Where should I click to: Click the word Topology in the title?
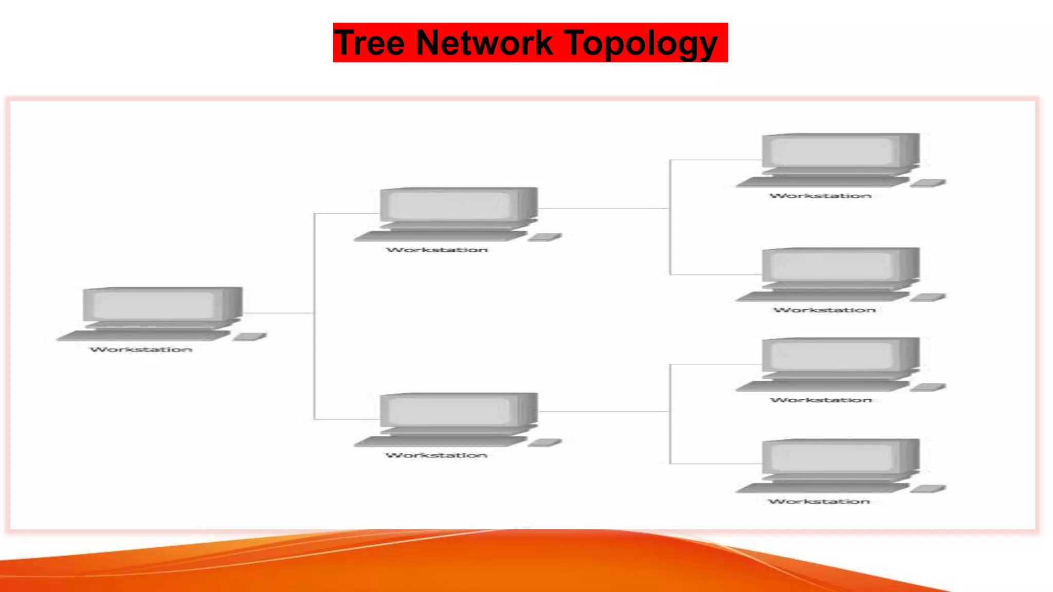pyautogui.click(x=641, y=44)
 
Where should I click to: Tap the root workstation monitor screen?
pyautogui.click(x=153, y=305)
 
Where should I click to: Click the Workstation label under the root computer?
pyautogui.click(x=141, y=349)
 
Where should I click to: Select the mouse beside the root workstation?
pyautogui.click(x=250, y=337)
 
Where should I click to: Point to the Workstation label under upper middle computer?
pyautogui.click(x=437, y=250)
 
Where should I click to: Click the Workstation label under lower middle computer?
pyautogui.click(x=436, y=455)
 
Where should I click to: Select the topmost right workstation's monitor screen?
pyautogui.click(x=832, y=152)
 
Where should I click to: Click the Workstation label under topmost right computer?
pyautogui.click(x=821, y=196)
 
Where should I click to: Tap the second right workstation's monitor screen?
pyautogui.click(x=832, y=266)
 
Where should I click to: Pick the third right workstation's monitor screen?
pyautogui.click(x=832, y=356)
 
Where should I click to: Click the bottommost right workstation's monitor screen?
pyautogui.click(x=832, y=457)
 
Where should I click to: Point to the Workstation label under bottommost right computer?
pyautogui.click(x=819, y=502)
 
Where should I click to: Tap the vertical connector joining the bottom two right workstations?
pyautogui.click(x=670, y=437)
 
